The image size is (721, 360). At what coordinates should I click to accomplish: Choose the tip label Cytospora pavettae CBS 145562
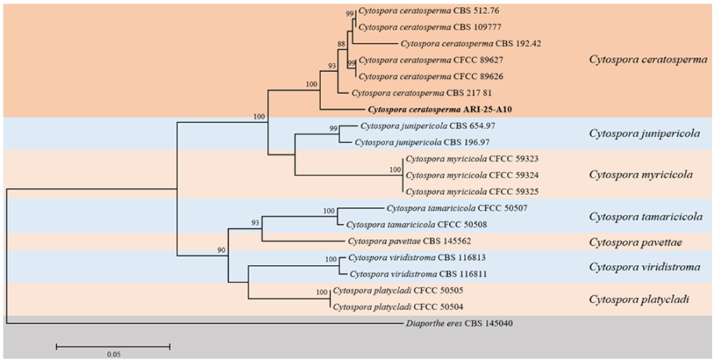point(408,241)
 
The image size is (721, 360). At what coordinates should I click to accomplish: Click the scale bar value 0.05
point(113,354)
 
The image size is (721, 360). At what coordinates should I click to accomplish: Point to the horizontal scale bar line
point(113,346)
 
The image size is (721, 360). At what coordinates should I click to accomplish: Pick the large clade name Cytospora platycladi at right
point(639,299)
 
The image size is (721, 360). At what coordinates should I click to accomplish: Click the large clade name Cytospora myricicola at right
point(641,174)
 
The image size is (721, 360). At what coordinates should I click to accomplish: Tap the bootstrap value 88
point(341,44)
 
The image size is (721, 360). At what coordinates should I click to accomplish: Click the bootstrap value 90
point(221,250)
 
